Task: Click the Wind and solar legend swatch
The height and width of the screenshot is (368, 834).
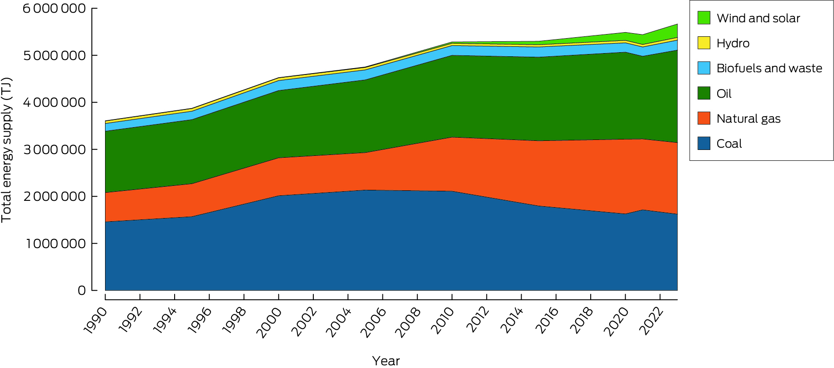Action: pyautogui.click(x=703, y=18)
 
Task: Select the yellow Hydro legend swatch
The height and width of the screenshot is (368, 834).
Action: pyautogui.click(x=703, y=43)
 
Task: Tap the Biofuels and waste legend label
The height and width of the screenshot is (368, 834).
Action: pyautogui.click(x=769, y=68)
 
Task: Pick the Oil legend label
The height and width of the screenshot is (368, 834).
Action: pyautogui.click(x=723, y=94)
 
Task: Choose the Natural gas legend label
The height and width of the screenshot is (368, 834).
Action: pyautogui.click(x=748, y=119)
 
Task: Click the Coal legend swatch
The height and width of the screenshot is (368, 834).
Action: pyautogui.click(x=703, y=144)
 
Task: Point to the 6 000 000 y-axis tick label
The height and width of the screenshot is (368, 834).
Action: pyautogui.click(x=54, y=9)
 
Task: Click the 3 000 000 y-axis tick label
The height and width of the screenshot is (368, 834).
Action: pyautogui.click(x=54, y=149)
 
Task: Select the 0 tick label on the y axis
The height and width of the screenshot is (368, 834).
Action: pyautogui.click(x=81, y=290)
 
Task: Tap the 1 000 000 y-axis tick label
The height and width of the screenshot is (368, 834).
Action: pyautogui.click(x=55, y=244)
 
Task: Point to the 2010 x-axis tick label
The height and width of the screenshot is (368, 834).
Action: pyautogui.click(x=442, y=321)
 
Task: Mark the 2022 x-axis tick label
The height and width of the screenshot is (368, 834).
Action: pyautogui.click(x=651, y=321)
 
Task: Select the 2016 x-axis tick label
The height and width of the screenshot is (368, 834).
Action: pyautogui.click(x=547, y=321)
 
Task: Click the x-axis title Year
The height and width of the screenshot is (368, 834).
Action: pyautogui.click(x=386, y=361)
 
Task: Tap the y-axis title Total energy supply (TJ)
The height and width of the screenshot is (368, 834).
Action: pyautogui.click(x=6, y=150)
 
